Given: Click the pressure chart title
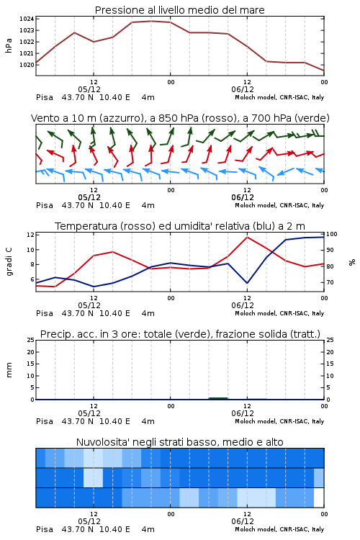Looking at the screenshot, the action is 179,10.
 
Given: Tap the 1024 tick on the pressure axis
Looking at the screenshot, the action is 27,19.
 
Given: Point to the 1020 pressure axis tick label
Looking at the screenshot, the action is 27,65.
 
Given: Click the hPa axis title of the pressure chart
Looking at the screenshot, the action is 9,45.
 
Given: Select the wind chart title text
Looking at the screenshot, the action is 180,118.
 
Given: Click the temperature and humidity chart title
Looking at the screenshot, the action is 180,226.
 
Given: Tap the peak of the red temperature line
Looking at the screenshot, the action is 247,237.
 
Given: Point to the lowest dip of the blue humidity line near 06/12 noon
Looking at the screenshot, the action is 247,283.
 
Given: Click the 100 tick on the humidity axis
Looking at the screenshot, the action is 332,234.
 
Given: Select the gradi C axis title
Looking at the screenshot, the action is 9,261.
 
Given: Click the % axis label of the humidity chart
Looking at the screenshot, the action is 352,262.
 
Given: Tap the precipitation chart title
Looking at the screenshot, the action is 180,334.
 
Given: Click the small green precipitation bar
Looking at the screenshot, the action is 218,398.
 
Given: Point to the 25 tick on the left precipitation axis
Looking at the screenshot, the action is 30,340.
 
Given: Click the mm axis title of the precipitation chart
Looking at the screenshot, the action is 9,370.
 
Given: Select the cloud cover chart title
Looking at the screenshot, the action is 179,442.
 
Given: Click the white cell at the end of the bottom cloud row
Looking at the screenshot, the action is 319,498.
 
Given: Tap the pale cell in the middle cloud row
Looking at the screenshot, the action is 94,477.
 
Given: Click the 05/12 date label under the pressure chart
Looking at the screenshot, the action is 89,89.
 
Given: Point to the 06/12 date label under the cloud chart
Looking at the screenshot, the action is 243,521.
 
